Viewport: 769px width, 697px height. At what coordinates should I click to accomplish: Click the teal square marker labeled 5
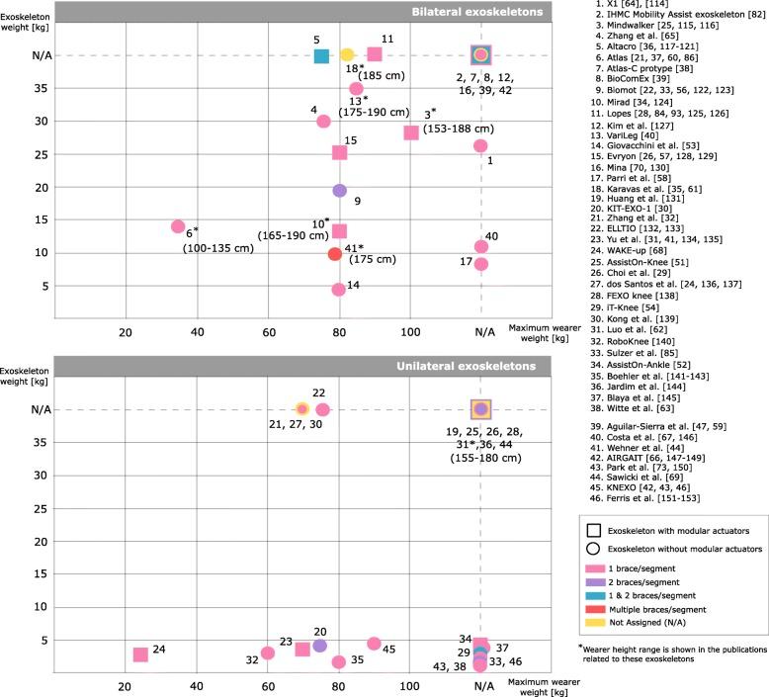(x=321, y=55)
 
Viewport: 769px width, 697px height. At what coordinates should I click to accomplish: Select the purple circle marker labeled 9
(x=339, y=190)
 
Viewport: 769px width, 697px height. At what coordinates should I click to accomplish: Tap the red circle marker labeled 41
(x=335, y=254)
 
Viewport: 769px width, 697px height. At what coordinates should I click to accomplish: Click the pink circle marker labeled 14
(x=339, y=290)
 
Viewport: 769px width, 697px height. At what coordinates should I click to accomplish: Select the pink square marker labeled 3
(x=411, y=132)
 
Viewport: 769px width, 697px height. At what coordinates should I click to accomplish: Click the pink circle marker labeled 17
(x=481, y=264)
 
